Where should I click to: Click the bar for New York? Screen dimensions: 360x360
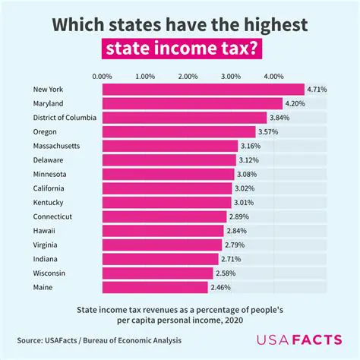[x=203, y=90]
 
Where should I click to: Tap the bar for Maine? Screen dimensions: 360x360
[x=155, y=287]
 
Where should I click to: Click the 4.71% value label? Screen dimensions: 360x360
[x=317, y=90]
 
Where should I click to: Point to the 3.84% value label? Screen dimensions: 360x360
[x=279, y=118]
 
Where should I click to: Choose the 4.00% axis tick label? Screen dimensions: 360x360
[x=273, y=77]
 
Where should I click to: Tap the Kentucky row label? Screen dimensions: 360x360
[x=48, y=203]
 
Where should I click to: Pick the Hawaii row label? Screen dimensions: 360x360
[x=44, y=231]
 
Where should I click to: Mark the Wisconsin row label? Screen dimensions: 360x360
[x=49, y=273]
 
